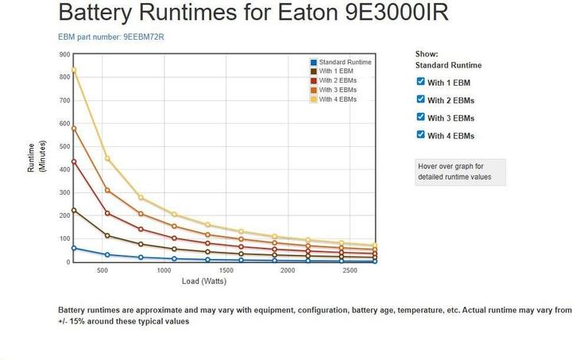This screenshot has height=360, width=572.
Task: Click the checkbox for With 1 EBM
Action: coord(421,82)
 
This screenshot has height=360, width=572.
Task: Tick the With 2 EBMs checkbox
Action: coord(421,99)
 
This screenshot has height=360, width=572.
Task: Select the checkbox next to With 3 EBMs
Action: coord(421,117)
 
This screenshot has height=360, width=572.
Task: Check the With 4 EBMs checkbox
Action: coord(421,134)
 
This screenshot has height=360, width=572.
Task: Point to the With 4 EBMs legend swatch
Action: coord(315,99)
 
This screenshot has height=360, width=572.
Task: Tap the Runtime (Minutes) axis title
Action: coord(37,157)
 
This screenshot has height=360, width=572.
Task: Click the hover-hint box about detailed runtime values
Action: coord(460,172)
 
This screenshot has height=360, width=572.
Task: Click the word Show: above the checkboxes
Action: coord(427,54)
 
